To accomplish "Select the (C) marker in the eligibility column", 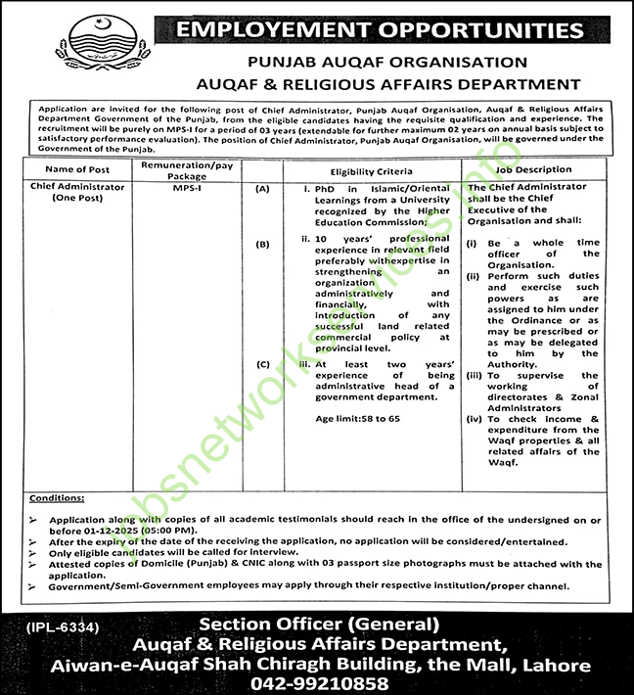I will click(262, 364).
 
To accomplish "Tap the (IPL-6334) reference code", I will click(56, 625).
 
